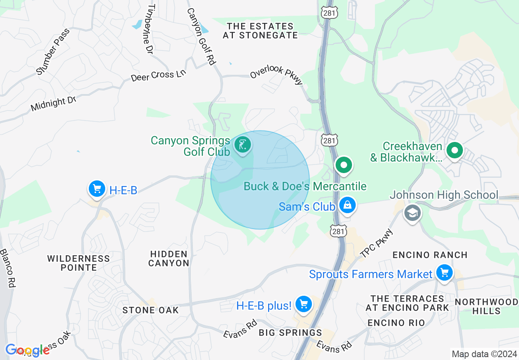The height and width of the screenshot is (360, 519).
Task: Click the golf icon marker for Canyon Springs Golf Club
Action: click(x=243, y=145)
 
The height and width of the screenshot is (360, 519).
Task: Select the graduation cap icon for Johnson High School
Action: click(x=412, y=212)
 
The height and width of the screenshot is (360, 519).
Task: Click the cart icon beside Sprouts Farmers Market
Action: click(x=444, y=272)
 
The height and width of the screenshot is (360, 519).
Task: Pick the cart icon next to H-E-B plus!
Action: click(x=303, y=304)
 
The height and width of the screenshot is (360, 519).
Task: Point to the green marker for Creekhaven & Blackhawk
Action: click(x=454, y=151)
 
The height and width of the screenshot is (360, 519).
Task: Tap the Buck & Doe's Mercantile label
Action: click(x=305, y=187)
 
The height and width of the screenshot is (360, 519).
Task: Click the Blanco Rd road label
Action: click(x=8, y=268)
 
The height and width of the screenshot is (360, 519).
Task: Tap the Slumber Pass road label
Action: click(x=53, y=52)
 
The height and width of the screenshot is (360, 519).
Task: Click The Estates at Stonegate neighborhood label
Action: click(x=260, y=31)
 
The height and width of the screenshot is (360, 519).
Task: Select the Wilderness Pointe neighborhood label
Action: click(x=79, y=263)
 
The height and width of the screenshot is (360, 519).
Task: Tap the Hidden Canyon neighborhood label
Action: click(x=169, y=259)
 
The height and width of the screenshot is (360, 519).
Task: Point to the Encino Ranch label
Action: click(x=430, y=255)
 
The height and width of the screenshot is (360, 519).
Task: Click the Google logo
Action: click(x=27, y=350)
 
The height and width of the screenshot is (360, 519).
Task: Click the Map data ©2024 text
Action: click(x=484, y=354)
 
